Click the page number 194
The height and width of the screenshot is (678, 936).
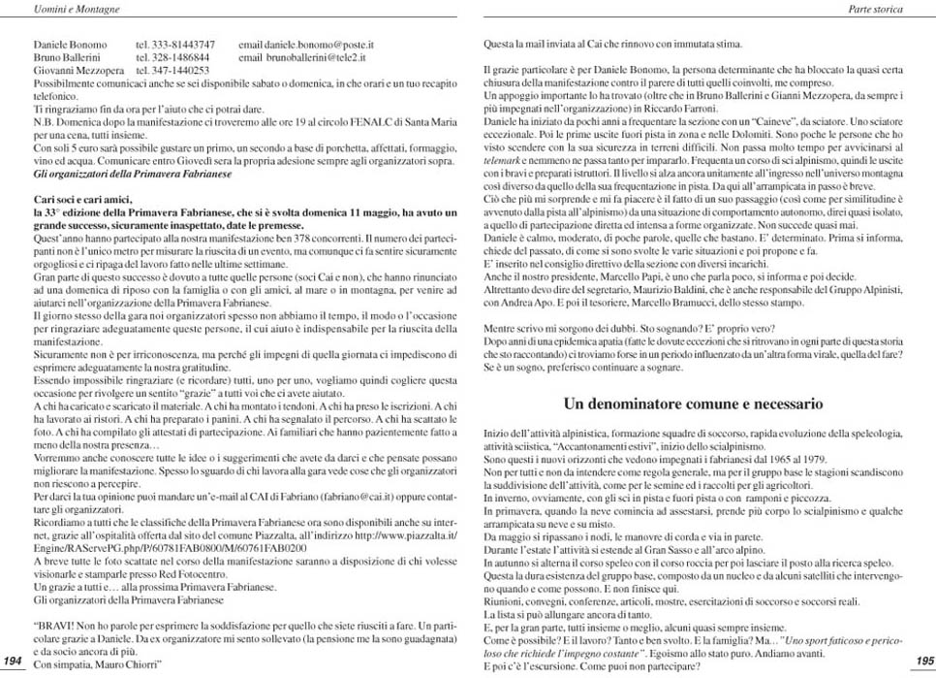click(x=14, y=661)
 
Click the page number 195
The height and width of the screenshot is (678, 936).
click(x=922, y=661)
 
